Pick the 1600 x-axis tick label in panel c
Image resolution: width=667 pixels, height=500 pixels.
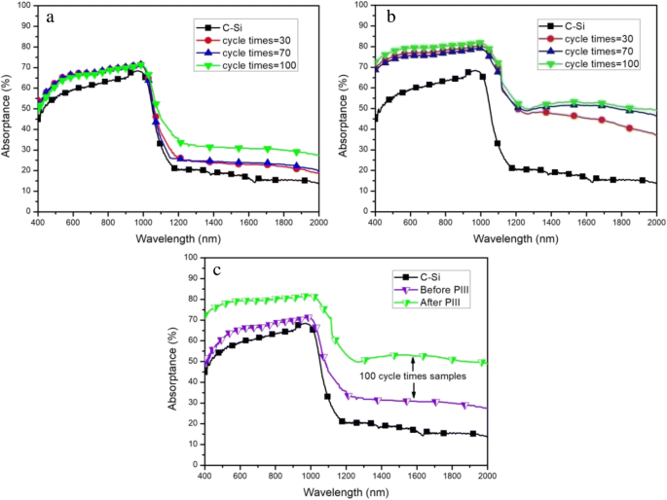tap(416, 476)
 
